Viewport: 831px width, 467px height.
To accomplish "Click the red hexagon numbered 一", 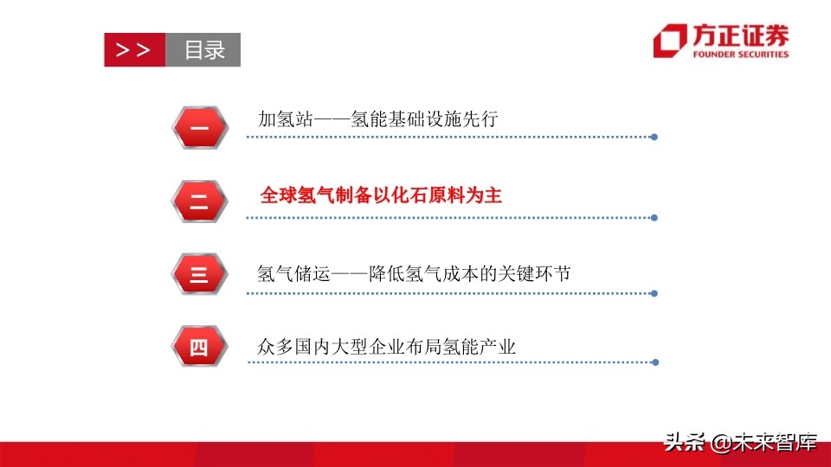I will pyautogui.click(x=199, y=129).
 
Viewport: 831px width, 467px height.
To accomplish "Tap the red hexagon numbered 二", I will pyautogui.click(x=199, y=202).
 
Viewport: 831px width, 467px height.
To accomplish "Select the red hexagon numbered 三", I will pyautogui.click(x=199, y=275).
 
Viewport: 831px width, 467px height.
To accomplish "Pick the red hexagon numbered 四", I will pyautogui.click(x=199, y=349).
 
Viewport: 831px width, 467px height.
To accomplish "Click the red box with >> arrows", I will pyautogui.click(x=133, y=50).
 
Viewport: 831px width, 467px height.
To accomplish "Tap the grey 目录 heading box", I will pyautogui.click(x=203, y=50).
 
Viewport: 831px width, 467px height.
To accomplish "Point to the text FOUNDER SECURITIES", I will pyautogui.click(x=740, y=54).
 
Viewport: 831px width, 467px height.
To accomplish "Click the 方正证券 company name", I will pyautogui.click(x=740, y=35).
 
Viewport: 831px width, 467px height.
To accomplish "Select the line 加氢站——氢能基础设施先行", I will pyautogui.click(x=378, y=119).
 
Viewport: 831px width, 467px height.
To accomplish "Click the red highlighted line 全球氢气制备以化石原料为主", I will pyautogui.click(x=381, y=195).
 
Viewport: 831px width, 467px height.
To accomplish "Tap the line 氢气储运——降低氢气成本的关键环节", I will pyautogui.click(x=414, y=274).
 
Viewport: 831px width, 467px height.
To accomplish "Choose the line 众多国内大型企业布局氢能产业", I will pyautogui.click(x=386, y=347).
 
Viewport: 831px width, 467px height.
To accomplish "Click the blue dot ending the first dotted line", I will pyautogui.click(x=654, y=137).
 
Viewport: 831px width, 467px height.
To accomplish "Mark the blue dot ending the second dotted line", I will pyautogui.click(x=654, y=218).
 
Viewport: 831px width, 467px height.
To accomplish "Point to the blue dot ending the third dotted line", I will pyautogui.click(x=654, y=293).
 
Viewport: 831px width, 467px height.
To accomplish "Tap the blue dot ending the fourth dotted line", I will pyautogui.click(x=654, y=361).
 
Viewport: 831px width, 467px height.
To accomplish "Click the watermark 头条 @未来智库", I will pyautogui.click(x=741, y=443).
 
